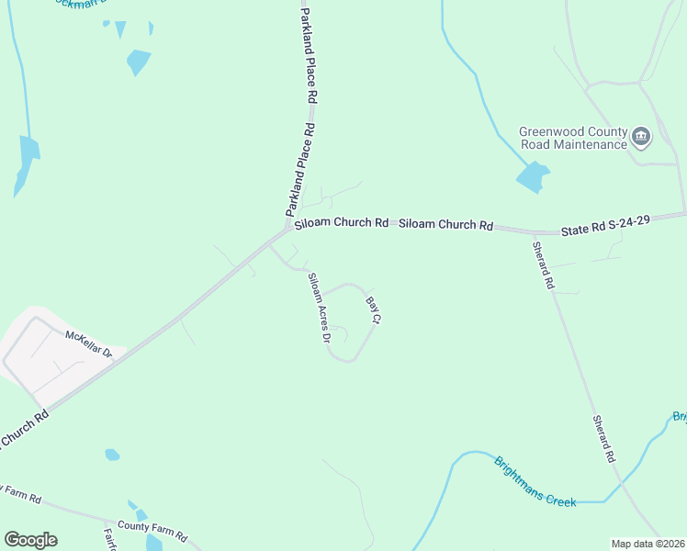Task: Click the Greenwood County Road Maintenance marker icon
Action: (641, 139)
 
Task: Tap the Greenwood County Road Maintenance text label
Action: (573, 138)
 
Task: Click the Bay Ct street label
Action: (373, 309)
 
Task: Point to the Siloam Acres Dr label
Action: (319, 307)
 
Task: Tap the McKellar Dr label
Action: (88, 344)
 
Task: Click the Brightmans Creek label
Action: (535, 482)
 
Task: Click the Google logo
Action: (30, 540)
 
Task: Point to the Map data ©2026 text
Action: (648, 544)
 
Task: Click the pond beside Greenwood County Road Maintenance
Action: (532, 177)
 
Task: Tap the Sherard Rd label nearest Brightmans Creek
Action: (603, 437)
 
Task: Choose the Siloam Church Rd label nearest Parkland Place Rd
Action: (341, 222)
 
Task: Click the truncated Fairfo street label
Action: (109, 537)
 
